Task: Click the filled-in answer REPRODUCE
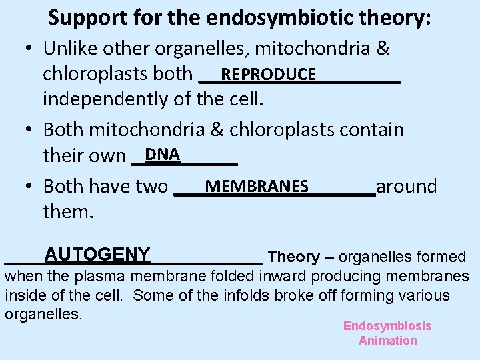tap(269, 74)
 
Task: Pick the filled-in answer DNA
tap(163, 155)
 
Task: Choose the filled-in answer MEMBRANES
tap(257, 186)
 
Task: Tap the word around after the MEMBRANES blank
tap(407, 186)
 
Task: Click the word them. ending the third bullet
tap(69, 212)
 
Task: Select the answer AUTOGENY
tap(97, 254)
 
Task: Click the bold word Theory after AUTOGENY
tap(293, 257)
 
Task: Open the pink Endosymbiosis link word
tap(387, 326)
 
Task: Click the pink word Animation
tap(387, 341)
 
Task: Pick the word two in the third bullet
tap(152, 186)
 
